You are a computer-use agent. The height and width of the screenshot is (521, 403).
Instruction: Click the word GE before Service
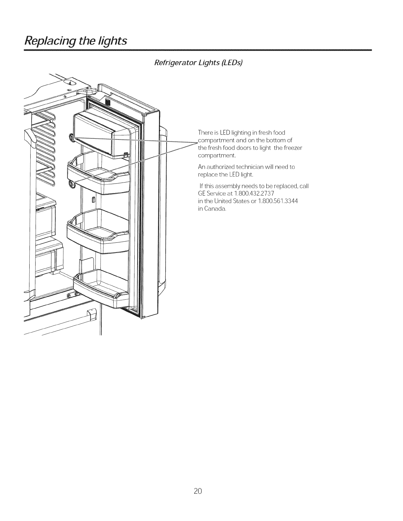202,194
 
